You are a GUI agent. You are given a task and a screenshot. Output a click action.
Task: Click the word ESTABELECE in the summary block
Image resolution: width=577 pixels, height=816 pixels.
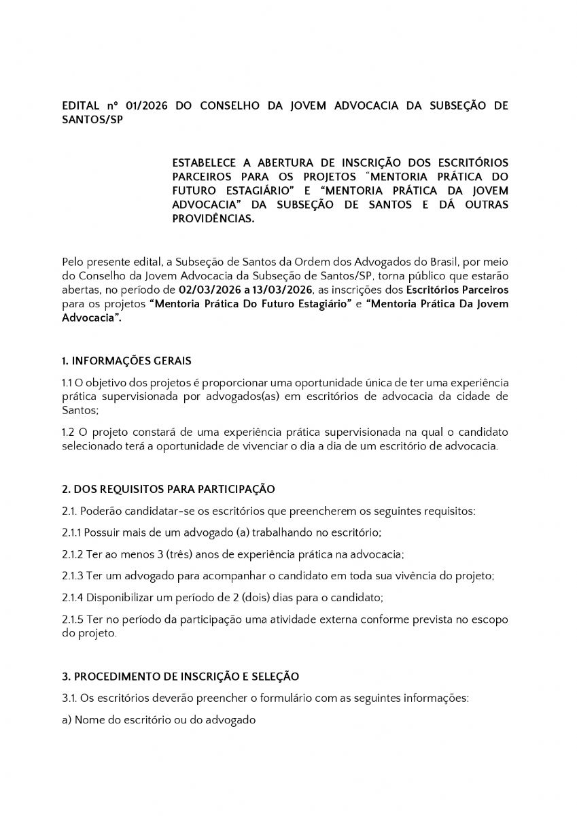click(203, 163)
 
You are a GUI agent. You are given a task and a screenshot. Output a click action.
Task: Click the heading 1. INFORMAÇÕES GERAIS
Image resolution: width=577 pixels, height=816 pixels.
click(126, 360)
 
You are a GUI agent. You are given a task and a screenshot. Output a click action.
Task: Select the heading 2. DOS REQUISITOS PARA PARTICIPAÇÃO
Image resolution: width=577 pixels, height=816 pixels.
click(168, 488)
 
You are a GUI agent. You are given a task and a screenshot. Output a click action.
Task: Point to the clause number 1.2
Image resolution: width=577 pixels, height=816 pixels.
click(68, 432)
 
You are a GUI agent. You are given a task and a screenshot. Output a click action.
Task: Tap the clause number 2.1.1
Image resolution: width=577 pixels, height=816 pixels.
click(72, 532)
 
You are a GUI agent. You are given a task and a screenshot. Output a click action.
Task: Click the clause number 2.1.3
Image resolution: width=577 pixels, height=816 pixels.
click(72, 576)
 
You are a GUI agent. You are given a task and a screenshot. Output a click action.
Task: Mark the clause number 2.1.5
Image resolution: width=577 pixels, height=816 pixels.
click(72, 620)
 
